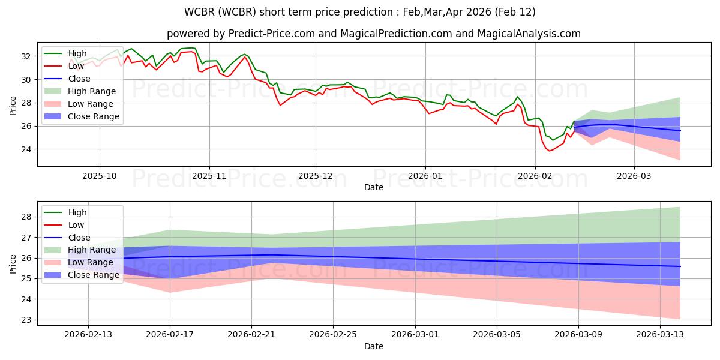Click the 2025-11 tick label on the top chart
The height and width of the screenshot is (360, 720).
[209, 176]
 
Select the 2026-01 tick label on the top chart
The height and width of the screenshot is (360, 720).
[425, 176]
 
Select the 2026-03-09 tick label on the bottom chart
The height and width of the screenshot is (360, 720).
[578, 335]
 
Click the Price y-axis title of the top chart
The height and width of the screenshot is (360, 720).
[13, 105]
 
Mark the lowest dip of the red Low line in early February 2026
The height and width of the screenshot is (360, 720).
[549, 151]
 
